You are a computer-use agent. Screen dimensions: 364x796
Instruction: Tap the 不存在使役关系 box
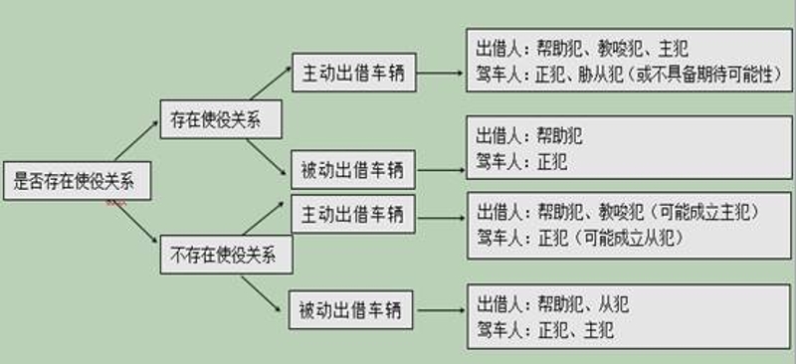227,256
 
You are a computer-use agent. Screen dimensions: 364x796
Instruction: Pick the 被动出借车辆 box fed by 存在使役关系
353,168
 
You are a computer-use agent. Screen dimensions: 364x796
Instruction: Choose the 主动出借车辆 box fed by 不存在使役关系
353,213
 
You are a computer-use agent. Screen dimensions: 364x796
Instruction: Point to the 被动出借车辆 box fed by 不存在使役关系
353,309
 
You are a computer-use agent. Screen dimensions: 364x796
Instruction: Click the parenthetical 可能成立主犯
702,212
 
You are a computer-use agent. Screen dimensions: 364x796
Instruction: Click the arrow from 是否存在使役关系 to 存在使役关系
133,144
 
